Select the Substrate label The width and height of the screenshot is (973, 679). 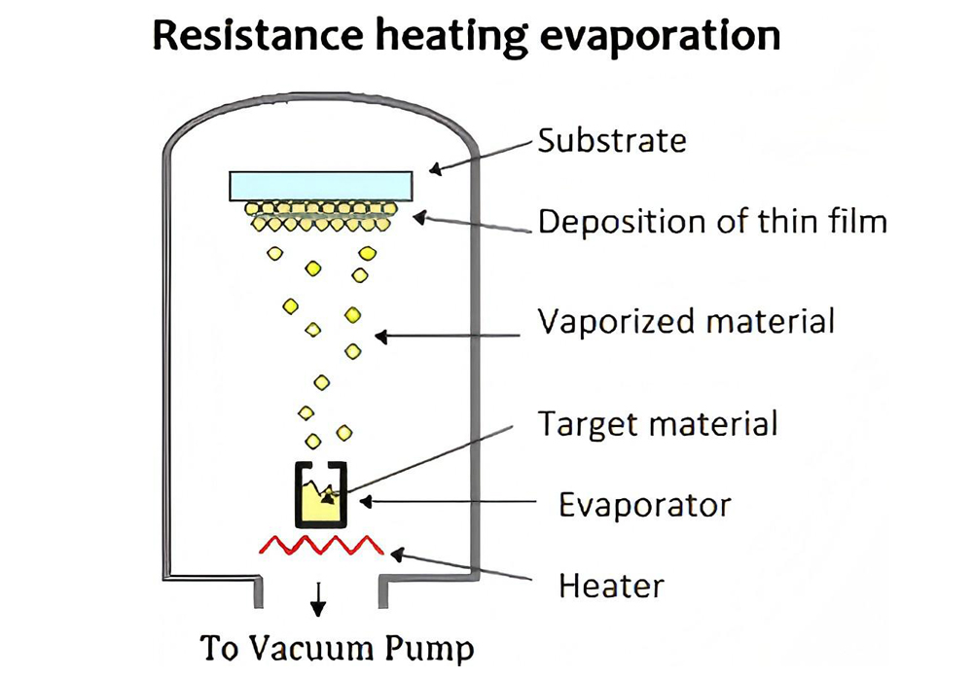[612, 140]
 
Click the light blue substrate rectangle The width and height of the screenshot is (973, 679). [320, 184]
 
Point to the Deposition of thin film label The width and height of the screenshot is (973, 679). [712, 222]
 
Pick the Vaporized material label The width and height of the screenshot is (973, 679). [686, 320]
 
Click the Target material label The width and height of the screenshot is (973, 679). [658, 424]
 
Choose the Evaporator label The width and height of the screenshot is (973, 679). [644, 505]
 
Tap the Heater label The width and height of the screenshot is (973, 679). [611, 586]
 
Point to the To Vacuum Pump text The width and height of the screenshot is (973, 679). [338, 647]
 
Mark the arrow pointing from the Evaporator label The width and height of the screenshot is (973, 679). [448, 502]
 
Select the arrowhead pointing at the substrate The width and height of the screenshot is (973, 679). [435, 169]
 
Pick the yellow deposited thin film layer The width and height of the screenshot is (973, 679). [320, 216]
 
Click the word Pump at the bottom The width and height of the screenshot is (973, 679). [435, 648]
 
